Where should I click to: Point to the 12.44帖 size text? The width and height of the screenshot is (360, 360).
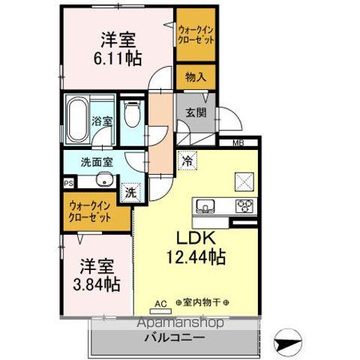tap(196, 257)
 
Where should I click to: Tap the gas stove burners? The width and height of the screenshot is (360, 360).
tap(244, 206)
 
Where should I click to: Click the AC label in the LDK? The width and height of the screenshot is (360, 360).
tap(158, 304)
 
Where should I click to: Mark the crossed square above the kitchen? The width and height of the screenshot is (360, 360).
tap(244, 181)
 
